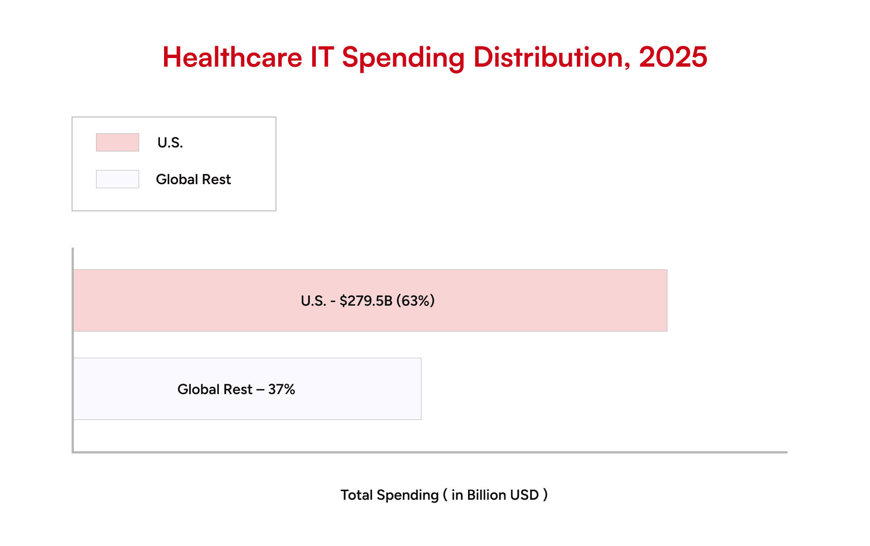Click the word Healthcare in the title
tap(232, 58)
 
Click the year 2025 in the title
tap(673, 58)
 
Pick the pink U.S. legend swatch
tap(117, 142)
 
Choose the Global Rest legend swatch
tap(117, 179)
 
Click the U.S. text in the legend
tap(170, 143)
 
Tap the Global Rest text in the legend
tap(193, 180)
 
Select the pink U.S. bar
tap(544, 300)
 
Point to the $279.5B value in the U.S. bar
tap(366, 301)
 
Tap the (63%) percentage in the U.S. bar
tap(416, 301)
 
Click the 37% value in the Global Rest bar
tap(281, 390)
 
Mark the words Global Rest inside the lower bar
tap(215, 390)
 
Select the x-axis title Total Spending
tap(389, 495)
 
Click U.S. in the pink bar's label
tap(314, 301)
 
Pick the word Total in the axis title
tap(357, 495)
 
